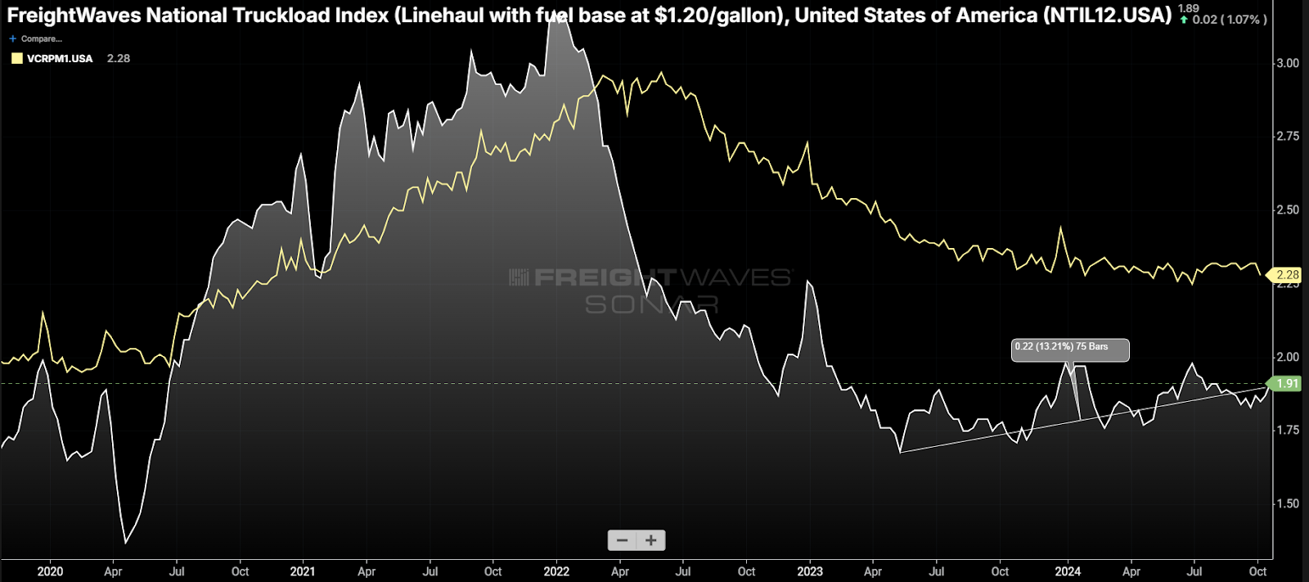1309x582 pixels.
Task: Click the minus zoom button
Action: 622,540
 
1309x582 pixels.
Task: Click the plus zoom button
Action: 651,540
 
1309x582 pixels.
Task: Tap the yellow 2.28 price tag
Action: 1286,275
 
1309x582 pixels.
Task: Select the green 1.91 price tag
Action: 1286,383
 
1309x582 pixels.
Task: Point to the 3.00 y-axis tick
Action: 1288,63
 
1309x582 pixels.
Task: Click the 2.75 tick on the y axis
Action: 1288,136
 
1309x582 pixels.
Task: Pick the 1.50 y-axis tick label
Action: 1288,503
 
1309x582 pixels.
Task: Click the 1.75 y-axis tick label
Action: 1288,430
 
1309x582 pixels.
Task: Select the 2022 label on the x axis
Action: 556,571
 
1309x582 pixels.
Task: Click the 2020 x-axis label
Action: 50,571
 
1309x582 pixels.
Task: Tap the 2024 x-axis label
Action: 1067,571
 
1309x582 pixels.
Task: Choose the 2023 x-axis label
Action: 810,571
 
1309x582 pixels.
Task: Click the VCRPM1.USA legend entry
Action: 59,58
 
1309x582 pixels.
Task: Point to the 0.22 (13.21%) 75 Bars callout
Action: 1070,349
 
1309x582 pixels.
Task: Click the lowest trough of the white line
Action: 125,543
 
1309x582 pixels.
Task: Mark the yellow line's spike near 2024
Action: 1061,228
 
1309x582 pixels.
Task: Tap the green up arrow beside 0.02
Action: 1184,20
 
